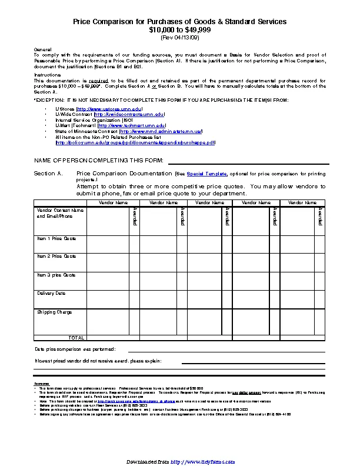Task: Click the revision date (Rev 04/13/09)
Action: (x=180, y=37)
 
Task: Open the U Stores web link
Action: (x=109, y=109)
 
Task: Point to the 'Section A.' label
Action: (x=48, y=174)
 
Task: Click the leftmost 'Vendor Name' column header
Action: (x=113, y=202)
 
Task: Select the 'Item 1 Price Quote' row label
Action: (x=56, y=238)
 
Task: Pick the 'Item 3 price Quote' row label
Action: (x=56, y=275)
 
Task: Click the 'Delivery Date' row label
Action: (x=52, y=293)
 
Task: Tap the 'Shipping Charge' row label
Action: (x=55, y=312)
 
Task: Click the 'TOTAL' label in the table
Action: (x=76, y=338)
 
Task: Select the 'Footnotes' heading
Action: (x=42, y=384)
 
